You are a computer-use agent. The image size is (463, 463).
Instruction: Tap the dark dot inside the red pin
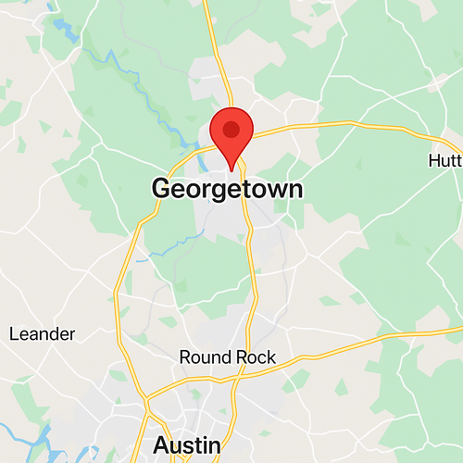tap(231, 130)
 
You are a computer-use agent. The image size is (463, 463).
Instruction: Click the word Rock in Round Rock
tap(254, 357)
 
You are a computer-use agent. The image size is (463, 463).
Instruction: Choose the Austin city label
tap(187, 445)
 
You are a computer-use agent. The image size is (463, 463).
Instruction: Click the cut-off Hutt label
tap(444, 160)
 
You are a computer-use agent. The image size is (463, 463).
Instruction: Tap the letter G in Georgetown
tap(162, 189)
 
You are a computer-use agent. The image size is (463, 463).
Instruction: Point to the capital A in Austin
tap(162, 445)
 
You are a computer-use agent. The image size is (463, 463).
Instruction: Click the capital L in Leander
tap(14, 333)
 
